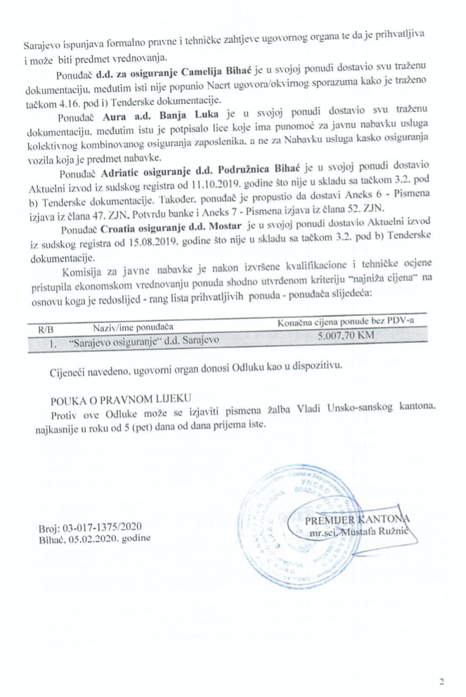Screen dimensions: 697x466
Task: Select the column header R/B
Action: tap(46, 327)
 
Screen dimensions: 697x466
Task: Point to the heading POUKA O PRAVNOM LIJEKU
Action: tap(115, 399)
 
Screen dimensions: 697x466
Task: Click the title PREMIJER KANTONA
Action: tap(357, 520)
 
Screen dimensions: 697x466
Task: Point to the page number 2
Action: tap(441, 681)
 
